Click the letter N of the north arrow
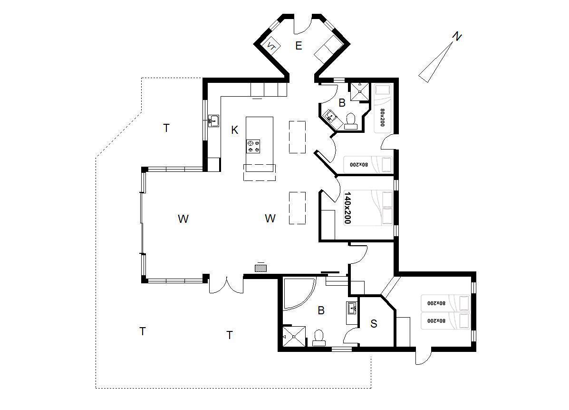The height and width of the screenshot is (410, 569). click(457, 36)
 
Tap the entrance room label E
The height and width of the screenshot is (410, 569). click(299, 46)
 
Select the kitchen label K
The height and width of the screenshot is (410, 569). click(235, 130)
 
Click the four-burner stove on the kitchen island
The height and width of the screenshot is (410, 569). click(253, 146)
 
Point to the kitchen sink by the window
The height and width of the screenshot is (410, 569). click(214, 120)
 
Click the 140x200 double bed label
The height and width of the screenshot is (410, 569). click(347, 208)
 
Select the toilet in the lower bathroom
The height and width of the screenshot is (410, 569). click(319, 338)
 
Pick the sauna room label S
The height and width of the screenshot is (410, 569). click(374, 323)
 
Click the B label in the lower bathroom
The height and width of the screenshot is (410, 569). click(321, 310)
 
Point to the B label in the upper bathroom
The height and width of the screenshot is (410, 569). click(342, 103)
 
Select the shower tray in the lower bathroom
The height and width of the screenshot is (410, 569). click(294, 336)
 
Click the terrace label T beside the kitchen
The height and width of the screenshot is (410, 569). click(166, 128)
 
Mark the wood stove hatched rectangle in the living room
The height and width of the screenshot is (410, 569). click(261, 268)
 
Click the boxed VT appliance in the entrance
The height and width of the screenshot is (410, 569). click(271, 46)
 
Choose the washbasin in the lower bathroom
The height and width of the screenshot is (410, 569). click(352, 309)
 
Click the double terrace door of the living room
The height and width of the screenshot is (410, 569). click(226, 285)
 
